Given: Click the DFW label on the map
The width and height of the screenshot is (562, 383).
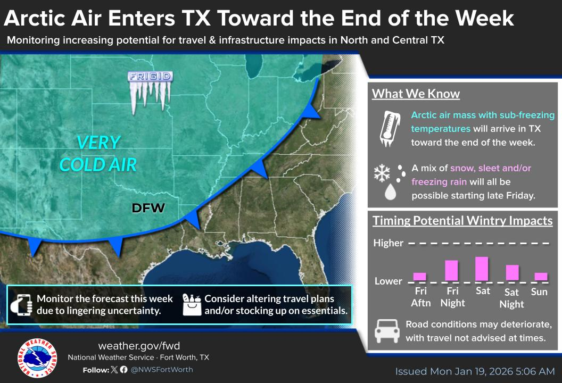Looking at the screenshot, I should pyautogui.click(x=149, y=207).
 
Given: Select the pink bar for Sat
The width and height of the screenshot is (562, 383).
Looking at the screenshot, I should pyautogui.click(x=482, y=269).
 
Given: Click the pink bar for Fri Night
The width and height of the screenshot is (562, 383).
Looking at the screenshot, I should pyautogui.click(x=451, y=270).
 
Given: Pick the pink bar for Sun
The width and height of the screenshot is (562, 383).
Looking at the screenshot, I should pyautogui.click(x=541, y=276).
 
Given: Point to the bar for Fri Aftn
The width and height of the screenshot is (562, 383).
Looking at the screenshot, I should pyautogui.click(x=420, y=276).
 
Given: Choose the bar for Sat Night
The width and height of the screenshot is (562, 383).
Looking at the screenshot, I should pyautogui.click(x=512, y=272).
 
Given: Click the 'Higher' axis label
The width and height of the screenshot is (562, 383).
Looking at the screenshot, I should pyautogui.click(x=388, y=243).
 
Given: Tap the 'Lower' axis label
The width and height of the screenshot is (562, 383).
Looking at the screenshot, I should pyautogui.click(x=388, y=281).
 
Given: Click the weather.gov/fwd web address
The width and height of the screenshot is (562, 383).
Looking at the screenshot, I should pyautogui.click(x=142, y=346).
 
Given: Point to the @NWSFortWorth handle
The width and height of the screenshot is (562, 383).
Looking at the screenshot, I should pyautogui.click(x=162, y=369).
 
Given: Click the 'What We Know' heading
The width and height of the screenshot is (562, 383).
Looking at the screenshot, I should pyautogui.click(x=415, y=94).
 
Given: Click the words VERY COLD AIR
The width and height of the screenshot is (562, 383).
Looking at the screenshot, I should pyautogui.click(x=98, y=153).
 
